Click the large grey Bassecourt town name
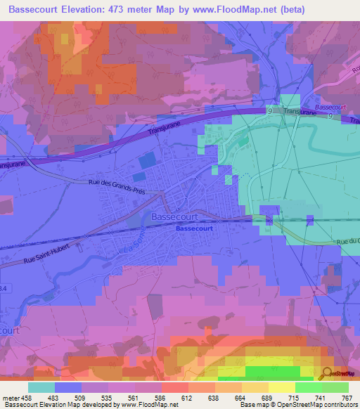tap(179, 217)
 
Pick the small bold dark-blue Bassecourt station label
tap(193, 228)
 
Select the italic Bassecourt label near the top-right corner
tap(330, 107)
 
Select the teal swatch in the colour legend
tap(41, 387)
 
